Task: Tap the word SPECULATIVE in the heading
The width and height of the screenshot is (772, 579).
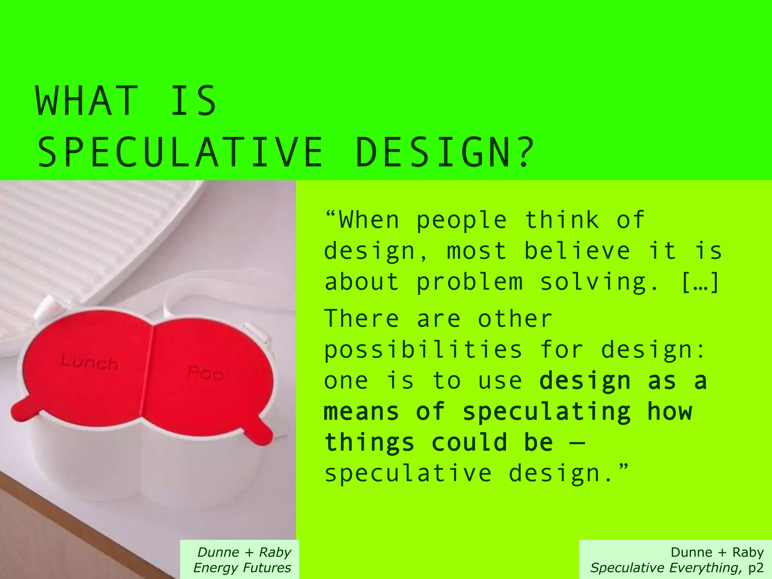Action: [180, 153]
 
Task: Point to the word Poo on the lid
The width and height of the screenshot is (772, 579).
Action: [206, 373]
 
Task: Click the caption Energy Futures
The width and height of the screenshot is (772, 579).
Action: [242, 568]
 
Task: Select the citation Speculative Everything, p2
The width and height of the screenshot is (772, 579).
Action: [677, 568]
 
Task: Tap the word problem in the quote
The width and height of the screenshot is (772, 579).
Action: [470, 282]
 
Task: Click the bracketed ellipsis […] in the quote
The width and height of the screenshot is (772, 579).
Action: [700, 282]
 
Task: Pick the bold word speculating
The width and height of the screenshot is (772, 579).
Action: [547, 412]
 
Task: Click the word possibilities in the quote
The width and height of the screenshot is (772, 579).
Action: [423, 350]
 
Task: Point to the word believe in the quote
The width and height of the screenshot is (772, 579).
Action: [577, 251]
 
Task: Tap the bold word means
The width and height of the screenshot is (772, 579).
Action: [361, 412]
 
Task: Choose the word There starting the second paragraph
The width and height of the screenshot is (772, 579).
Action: [361, 319]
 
